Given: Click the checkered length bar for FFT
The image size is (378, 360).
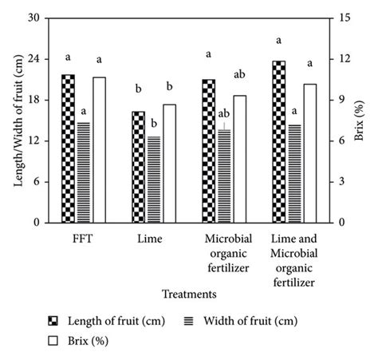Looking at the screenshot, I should (x=68, y=148).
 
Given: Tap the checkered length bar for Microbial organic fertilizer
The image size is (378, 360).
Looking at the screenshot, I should (x=208, y=151).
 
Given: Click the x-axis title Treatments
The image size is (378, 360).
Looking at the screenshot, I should (x=189, y=294).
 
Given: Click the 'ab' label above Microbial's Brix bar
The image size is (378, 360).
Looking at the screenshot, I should (x=240, y=74).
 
